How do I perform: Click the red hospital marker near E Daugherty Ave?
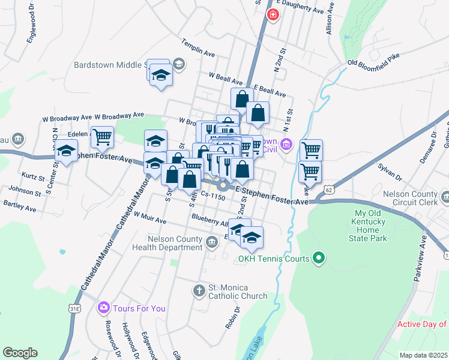click(273, 14)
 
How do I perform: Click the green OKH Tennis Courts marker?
click(319, 259)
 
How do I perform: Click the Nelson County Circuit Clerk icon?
click(445, 196)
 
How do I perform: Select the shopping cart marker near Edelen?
click(102, 136)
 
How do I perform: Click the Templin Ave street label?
click(199, 49)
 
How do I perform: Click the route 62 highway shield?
click(328, 190)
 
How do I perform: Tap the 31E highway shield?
click(74, 308)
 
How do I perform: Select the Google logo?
click(20, 352)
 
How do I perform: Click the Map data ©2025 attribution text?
click(423, 355)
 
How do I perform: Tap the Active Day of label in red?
click(423, 324)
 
